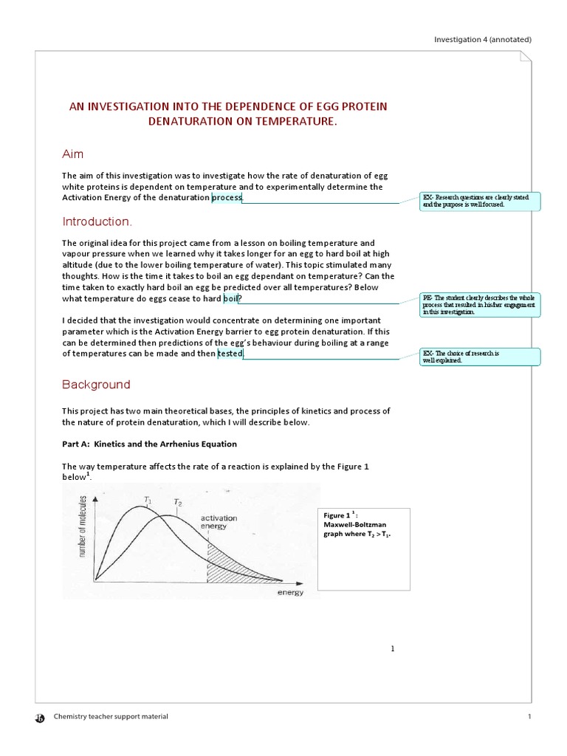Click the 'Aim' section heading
(x=72, y=154)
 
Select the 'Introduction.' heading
(x=97, y=221)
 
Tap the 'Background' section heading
(x=96, y=384)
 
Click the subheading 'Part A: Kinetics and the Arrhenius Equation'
(x=149, y=444)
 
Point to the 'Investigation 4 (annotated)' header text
(x=482, y=39)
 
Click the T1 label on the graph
(x=148, y=500)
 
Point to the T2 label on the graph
(x=178, y=502)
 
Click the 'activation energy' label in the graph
(x=219, y=523)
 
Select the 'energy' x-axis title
(x=290, y=593)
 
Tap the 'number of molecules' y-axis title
(x=83, y=529)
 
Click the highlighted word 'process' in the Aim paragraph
(x=226, y=198)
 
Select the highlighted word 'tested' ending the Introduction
(x=230, y=354)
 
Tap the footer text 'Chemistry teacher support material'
(x=110, y=716)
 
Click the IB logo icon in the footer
(x=40, y=717)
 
